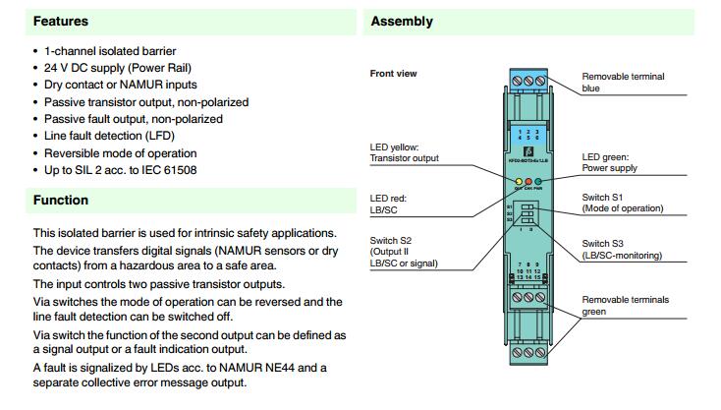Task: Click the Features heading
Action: click(61, 21)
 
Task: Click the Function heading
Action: click(61, 201)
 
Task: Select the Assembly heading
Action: click(402, 21)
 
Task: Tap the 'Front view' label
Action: click(394, 74)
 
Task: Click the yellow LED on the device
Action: click(518, 182)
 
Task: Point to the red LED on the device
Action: click(527, 182)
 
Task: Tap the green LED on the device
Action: click(538, 182)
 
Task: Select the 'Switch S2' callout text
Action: click(392, 241)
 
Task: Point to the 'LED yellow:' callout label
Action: click(397, 147)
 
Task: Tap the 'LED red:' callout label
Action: click(389, 198)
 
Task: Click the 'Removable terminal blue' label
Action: click(623, 82)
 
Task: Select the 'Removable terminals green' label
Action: click(625, 305)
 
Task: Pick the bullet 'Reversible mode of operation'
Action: click(120, 153)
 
